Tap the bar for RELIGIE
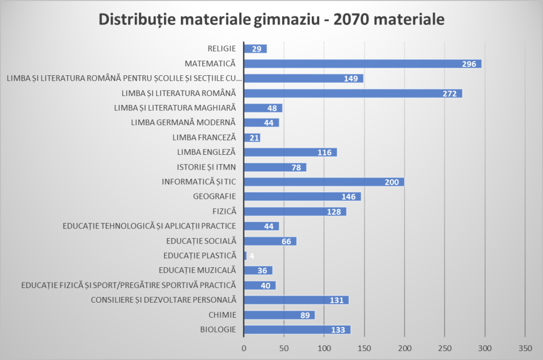[255, 49]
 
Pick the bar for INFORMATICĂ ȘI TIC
[323, 182]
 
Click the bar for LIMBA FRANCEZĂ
[252, 138]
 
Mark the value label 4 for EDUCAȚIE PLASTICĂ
[251, 256]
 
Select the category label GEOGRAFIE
[214, 196]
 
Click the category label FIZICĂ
[223, 211]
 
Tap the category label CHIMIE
[222, 315]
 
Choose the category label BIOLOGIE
[218, 329]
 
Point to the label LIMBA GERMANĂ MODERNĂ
[183, 122]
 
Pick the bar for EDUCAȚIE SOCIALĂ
[270, 241]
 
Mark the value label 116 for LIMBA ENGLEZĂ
[325, 153]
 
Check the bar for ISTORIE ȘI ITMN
[275, 167]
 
